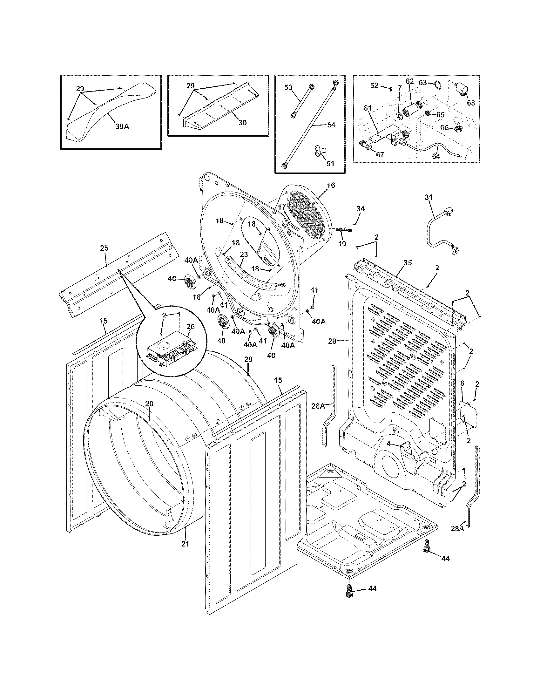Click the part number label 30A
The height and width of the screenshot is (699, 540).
click(122, 126)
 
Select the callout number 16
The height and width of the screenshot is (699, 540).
click(331, 185)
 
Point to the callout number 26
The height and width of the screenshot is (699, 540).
click(190, 327)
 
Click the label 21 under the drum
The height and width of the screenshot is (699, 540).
click(186, 543)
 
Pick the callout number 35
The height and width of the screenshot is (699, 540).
click(408, 263)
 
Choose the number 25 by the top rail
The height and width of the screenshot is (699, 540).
click(104, 248)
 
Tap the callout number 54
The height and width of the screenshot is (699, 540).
click(331, 125)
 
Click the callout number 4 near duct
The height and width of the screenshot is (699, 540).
click(388, 444)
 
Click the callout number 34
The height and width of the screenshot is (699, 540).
click(360, 209)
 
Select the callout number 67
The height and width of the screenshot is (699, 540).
click(380, 155)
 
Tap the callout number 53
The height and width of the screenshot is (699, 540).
click(288, 87)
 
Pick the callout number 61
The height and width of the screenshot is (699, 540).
click(368, 108)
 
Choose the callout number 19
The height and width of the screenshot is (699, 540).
click(342, 244)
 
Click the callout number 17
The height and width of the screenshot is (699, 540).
click(281, 207)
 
